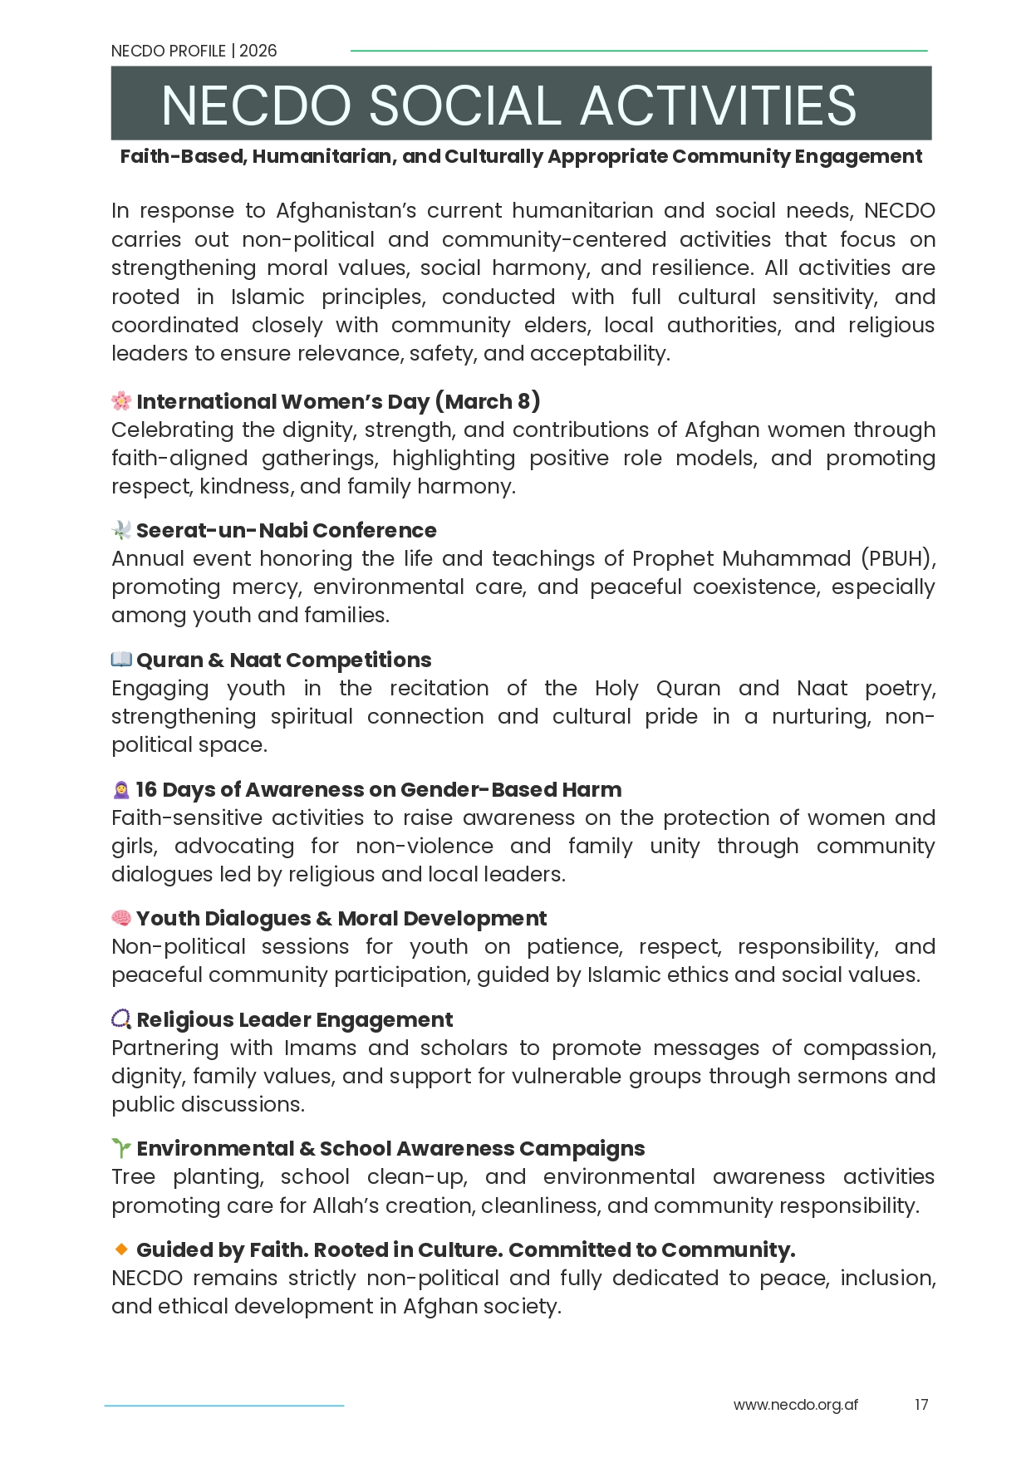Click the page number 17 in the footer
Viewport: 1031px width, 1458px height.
tap(921, 1404)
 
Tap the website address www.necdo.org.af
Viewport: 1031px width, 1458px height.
tap(795, 1404)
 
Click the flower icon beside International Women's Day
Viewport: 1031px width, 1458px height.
tap(121, 401)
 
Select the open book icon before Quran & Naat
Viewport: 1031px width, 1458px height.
tap(121, 660)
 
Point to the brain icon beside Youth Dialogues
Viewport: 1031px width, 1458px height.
tap(121, 918)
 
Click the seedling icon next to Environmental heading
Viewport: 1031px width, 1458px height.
tap(121, 1148)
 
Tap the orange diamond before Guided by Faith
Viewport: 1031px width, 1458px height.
tap(121, 1249)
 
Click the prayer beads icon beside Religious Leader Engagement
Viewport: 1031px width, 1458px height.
tap(121, 1019)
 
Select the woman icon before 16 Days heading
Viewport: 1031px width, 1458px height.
tap(121, 789)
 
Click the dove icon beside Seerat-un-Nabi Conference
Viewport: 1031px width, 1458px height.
tap(121, 530)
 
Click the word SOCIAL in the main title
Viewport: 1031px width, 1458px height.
tap(464, 106)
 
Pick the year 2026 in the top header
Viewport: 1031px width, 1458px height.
tap(258, 51)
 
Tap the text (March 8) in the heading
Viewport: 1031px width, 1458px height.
tap(488, 401)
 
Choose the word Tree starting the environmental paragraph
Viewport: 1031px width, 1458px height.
tap(133, 1176)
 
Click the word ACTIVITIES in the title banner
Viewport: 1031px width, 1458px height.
tap(718, 106)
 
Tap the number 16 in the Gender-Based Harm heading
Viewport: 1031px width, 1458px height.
tap(146, 789)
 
